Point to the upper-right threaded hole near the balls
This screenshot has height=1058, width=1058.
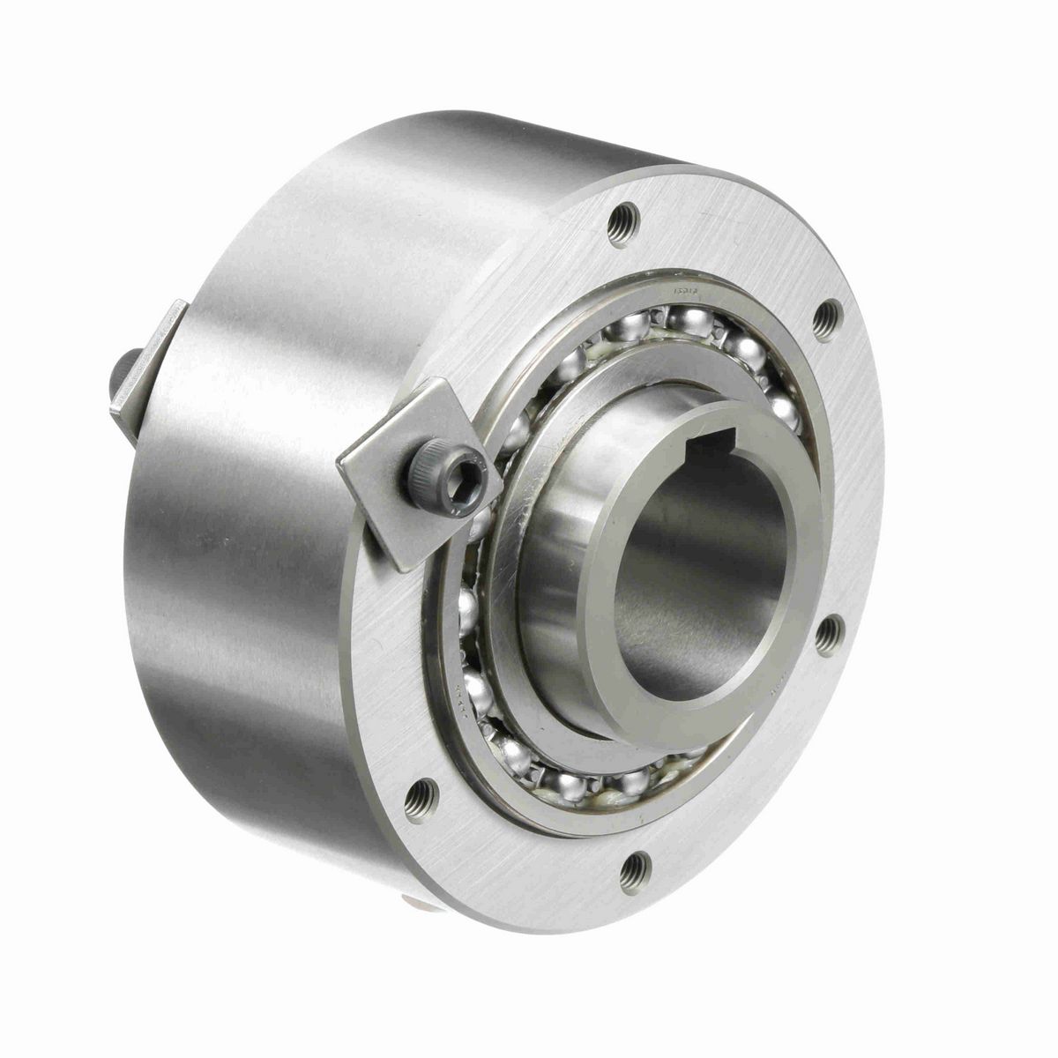tap(827, 321)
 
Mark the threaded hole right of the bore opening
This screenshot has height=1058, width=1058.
tap(827, 636)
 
